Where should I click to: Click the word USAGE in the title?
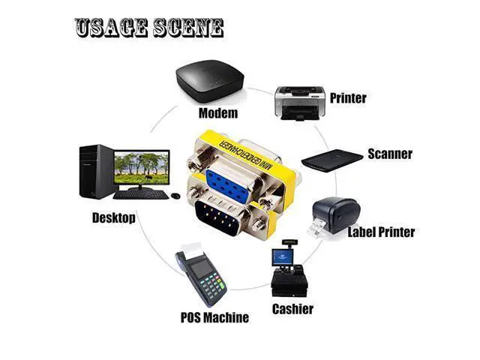click(111, 28)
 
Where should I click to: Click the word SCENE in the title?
click(188, 28)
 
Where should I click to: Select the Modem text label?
click(218, 113)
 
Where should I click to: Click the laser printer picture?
click(300, 103)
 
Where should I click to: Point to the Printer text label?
click(348, 98)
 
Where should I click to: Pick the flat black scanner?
click(332, 160)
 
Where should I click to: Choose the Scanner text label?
click(390, 154)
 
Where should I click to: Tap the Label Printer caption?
click(381, 232)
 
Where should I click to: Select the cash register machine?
click(289, 268)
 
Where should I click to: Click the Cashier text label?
click(292, 309)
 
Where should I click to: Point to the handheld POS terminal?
click(201, 274)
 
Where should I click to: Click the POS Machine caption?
click(214, 317)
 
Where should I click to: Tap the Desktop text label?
click(114, 218)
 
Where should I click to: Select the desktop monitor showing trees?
click(142, 169)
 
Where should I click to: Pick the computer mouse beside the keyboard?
click(175, 196)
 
